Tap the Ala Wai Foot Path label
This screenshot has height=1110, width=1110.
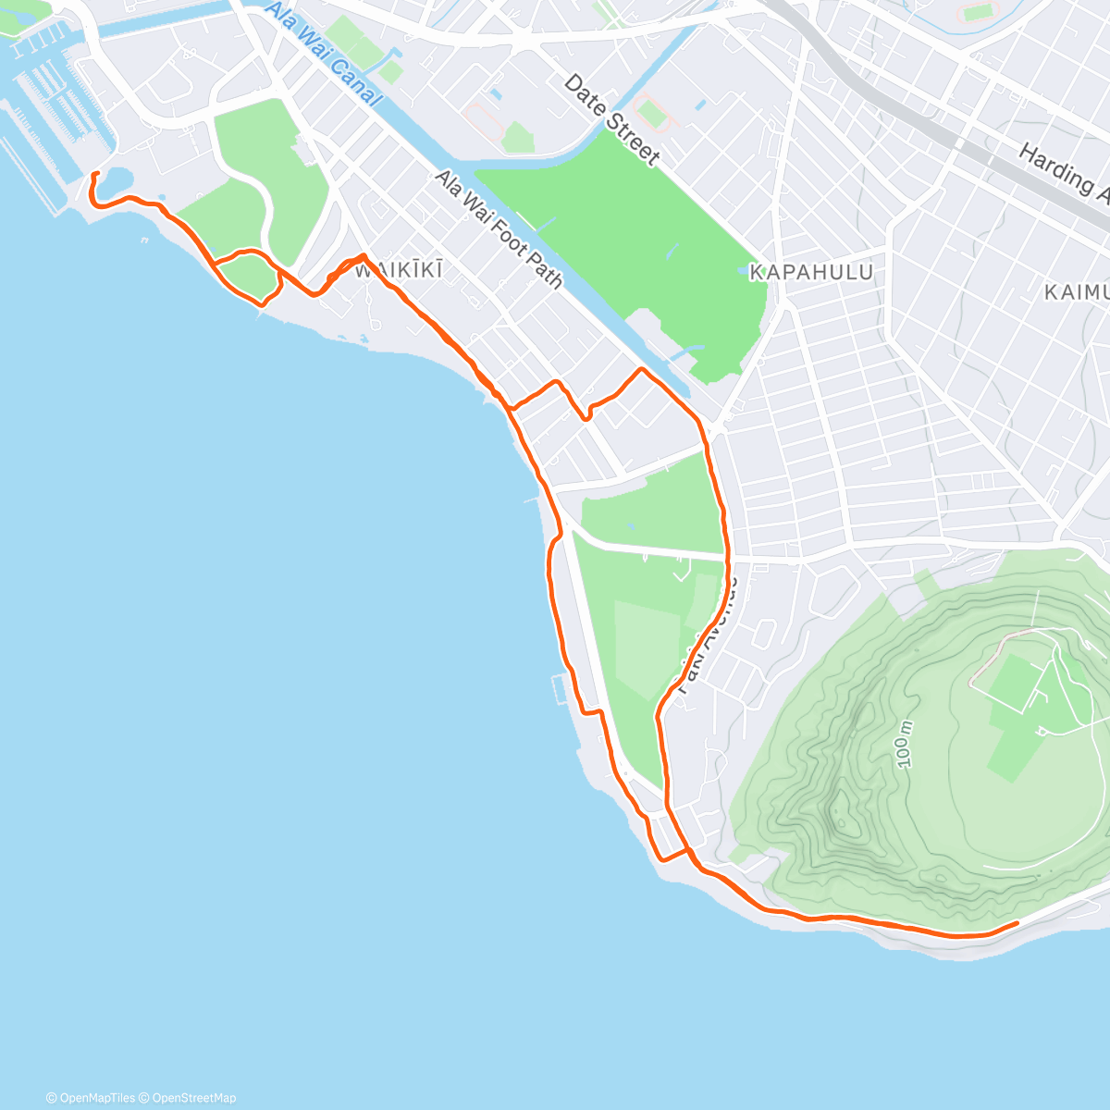click(499, 229)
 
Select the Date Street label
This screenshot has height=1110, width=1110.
click(611, 120)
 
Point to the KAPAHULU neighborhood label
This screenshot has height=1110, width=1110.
click(810, 272)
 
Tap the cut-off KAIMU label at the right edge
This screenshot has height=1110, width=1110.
click(1077, 292)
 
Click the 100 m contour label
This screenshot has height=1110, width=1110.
click(906, 744)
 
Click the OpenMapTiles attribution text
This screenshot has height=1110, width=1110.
click(90, 1098)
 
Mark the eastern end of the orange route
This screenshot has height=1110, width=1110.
click(1017, 922)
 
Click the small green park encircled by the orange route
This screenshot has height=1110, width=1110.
click(246, 276)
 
